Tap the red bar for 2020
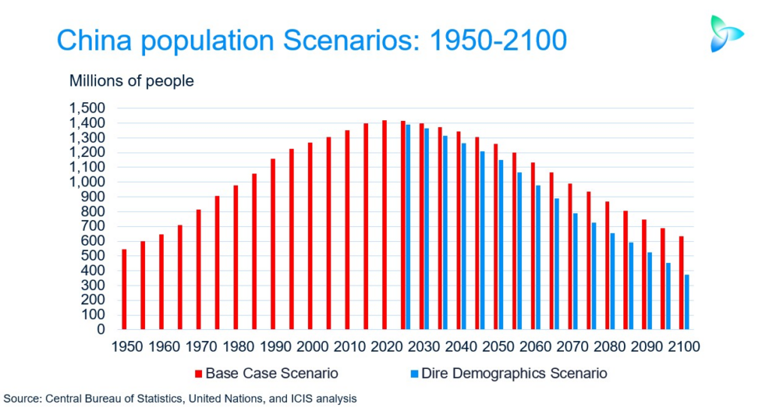tap(384, 225)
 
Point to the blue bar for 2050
tap(500, 244)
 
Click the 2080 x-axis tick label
tap(609, 347)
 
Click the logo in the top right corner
tap(725, 34)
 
